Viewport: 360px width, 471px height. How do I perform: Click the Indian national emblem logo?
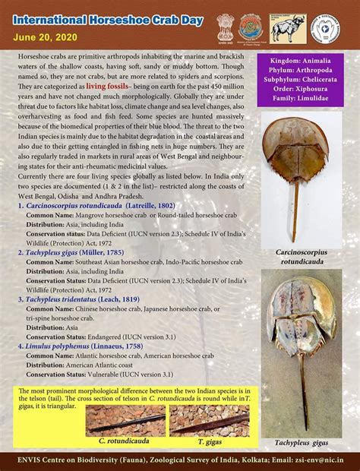click(x=225, y=26)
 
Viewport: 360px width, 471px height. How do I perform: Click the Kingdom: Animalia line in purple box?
click(x=301, y=60)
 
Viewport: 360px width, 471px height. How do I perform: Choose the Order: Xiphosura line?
click(x=301, y=90)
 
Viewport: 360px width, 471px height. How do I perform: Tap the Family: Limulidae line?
click(x=301, y=100)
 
